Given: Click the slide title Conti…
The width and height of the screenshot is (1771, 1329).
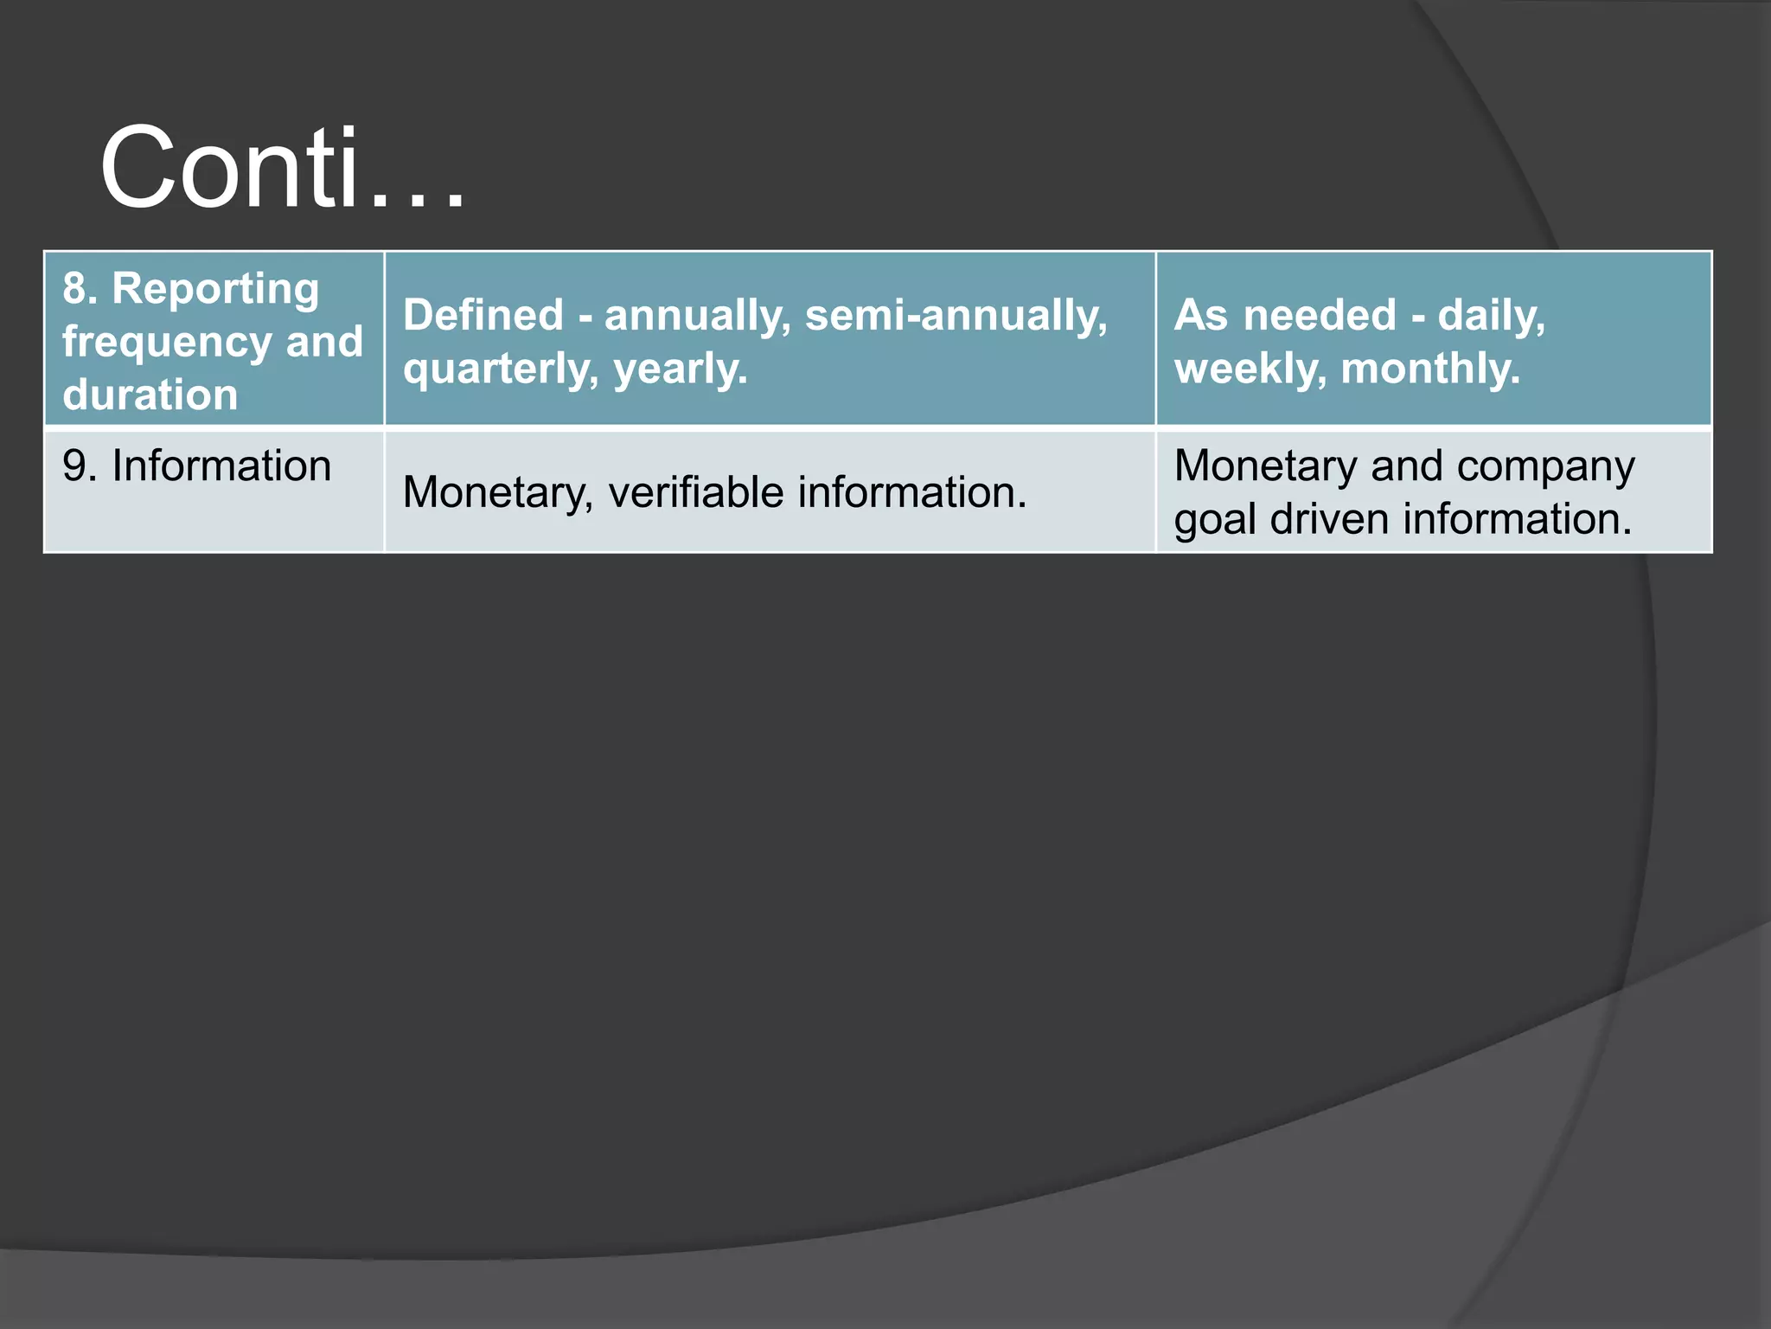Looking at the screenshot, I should coord(282,168).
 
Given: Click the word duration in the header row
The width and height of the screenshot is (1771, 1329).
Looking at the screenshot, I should coord(150,395).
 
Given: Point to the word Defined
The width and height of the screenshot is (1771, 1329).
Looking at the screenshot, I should coord(483,315).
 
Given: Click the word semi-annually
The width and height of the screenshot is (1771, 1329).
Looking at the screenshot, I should coord(956,315).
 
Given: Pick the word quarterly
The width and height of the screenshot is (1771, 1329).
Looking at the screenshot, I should coord(501,369).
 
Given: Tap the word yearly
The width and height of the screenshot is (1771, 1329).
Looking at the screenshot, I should coord(680,369).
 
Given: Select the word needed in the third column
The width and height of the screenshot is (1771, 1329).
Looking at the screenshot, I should coord(1320,315).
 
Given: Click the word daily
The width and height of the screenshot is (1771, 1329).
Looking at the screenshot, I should coord(1491,315).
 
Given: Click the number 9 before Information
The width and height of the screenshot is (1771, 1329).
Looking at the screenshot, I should coord(74,466).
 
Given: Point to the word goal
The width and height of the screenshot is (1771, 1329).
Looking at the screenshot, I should coord(1215,520).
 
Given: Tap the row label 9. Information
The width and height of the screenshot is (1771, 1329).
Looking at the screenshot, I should coord(197,466).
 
